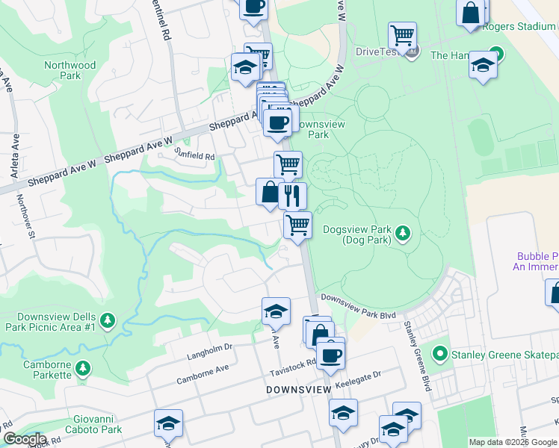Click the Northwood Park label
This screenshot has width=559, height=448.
(70, 70)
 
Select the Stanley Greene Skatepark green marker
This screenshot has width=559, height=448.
(440, 353)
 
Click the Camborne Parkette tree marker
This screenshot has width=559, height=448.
(84, 368)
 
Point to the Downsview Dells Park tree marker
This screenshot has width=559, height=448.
(108, 320)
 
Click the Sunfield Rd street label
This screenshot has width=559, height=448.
(194, 156)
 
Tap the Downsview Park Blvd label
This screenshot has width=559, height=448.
(358, 297)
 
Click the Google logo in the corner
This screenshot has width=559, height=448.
(25, 439)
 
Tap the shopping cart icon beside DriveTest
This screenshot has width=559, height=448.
(402, 35)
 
